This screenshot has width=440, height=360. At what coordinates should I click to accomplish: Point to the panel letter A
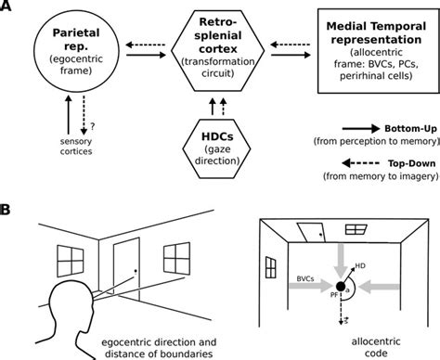(x=9, y=8)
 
